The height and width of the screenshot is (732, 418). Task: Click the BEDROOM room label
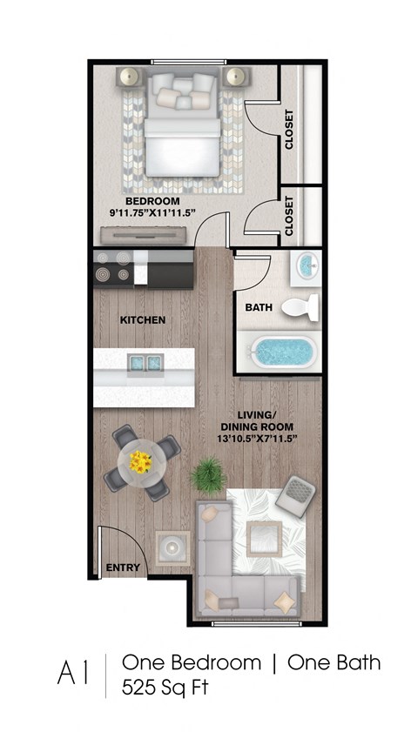152,201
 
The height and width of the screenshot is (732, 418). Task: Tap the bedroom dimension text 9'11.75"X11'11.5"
152,213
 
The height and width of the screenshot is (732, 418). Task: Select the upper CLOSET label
288,129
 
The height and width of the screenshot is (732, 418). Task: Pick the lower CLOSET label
288,218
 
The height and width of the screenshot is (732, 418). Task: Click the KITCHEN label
142,320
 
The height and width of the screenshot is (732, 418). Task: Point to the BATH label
259,307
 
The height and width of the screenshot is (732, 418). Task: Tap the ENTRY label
123,567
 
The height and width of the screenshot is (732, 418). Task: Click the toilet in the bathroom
300,306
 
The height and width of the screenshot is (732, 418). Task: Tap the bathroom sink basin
307,265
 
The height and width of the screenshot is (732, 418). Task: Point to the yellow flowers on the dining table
140,462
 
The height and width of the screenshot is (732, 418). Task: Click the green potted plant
207,475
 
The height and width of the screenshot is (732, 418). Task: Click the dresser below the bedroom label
143,234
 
